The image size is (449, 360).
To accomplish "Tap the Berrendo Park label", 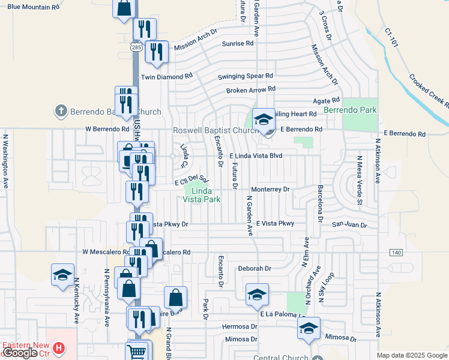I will [350, 110].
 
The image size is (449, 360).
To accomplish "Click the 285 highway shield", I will [136, 46].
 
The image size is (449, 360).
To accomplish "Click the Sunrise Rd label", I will [238, 44].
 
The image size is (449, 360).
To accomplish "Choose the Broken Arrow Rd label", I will [250, 90].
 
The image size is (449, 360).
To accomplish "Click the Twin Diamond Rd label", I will [166, 77].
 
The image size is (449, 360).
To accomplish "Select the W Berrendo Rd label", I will [107, 128].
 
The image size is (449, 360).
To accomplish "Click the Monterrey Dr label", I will [270, 188].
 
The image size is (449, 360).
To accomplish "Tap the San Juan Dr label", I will [350, 224].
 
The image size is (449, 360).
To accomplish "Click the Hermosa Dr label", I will [240, 327].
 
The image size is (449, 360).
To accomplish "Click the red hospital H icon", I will [58, 347].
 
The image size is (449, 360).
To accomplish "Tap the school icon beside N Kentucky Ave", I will [62, 275].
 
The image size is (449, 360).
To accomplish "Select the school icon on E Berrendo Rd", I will [263, 119].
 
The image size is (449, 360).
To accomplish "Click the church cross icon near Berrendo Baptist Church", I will [60, 111].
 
